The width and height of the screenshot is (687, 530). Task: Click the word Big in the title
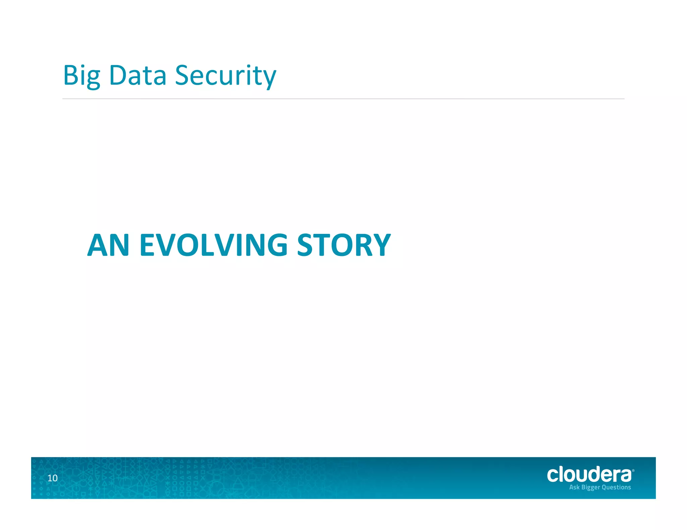coord(82,76)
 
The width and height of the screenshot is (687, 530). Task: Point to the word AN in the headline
coord(108,245)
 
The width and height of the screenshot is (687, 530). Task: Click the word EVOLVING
coord(213,245)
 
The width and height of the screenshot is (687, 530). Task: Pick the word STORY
coord(344,245)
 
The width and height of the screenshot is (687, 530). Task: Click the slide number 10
coord(52,478)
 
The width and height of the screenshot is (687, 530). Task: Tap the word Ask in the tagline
coord(574,487)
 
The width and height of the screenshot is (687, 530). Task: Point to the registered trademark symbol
coord(633,471)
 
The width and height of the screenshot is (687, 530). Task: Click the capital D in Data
coord(117,75)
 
